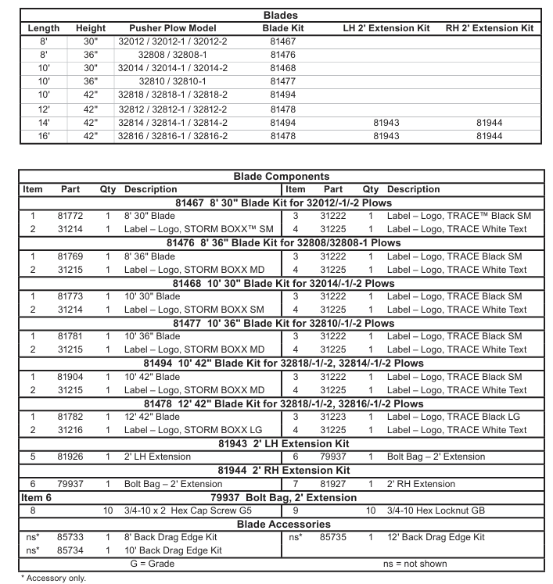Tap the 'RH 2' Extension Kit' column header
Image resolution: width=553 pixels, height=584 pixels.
tap(490, 28)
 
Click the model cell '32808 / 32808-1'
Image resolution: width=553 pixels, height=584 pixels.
tap(173, 55)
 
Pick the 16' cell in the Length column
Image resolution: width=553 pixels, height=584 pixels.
tap(44, 135)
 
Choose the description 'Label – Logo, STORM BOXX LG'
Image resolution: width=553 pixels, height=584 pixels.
tap(194, 430)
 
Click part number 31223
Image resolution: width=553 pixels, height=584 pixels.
tap(333, 417)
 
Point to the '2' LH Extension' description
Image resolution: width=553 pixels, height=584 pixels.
tap(157, 457)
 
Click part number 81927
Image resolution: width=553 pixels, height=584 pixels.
tap(333, 484)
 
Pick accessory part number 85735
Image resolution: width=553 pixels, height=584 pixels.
tap(333, 537)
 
